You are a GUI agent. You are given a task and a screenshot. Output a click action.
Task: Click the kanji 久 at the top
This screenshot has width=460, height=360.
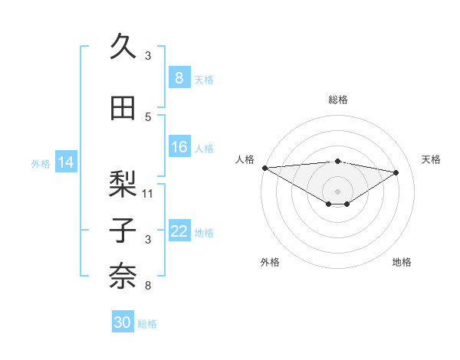coord(123,47)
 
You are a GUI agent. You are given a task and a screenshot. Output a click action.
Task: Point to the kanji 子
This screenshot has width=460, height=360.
coord(123,230)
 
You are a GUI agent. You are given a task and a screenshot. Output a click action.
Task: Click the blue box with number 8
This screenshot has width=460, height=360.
coord(179,77)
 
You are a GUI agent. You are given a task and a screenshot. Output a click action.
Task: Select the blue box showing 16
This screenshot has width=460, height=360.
coord(179,147)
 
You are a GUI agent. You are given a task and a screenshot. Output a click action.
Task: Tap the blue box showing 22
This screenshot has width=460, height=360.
coord(179,231)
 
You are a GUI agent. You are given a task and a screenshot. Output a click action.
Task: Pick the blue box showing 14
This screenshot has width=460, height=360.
coord(66,162)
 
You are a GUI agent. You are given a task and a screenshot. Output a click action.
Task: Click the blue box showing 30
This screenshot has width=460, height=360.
coord(123,322)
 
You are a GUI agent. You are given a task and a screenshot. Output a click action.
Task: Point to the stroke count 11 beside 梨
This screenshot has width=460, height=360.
coord(148,193)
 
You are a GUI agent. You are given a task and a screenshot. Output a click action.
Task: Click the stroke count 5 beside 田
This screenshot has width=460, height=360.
coord(148,117)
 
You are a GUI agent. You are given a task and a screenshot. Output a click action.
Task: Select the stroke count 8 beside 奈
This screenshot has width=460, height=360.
coord(148,286)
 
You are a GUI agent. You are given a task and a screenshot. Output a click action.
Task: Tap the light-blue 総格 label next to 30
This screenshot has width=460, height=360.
coord(147,324)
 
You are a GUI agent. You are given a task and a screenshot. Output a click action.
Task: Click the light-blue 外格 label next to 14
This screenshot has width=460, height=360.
coord(41,163)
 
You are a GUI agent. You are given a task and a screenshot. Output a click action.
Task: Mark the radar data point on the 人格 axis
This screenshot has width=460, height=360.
coord(264,168)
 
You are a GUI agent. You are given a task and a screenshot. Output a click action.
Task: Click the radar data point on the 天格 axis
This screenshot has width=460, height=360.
coord(396,172)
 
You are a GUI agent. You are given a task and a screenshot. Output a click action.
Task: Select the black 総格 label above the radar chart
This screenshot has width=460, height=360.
coord(337,100)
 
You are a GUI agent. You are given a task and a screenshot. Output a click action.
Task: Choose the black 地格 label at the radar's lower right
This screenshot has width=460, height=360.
coord(402,262)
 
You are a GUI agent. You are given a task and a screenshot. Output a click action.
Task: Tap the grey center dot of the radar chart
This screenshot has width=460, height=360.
coord(337,190)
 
